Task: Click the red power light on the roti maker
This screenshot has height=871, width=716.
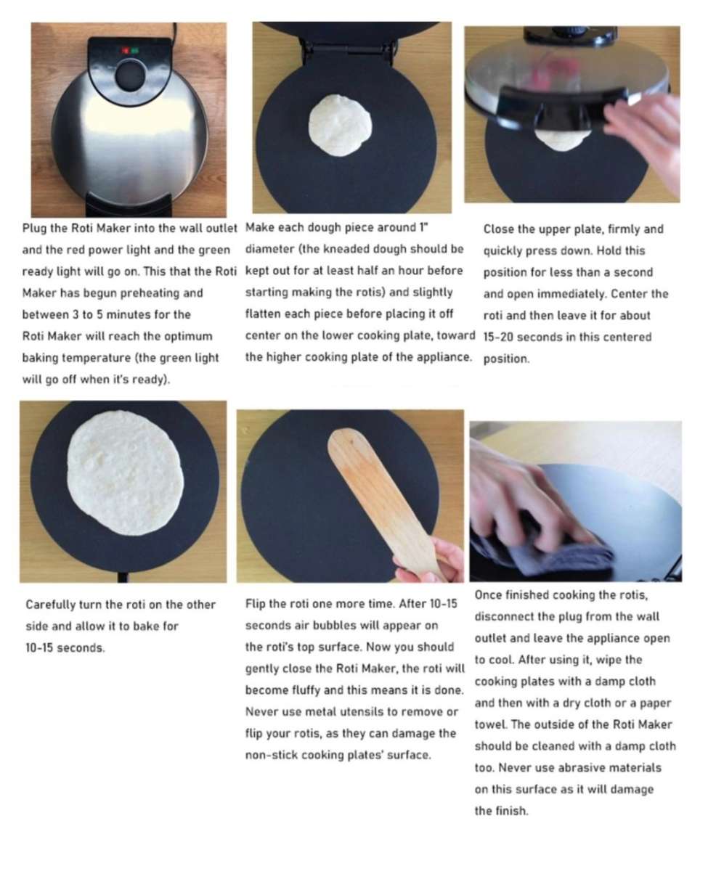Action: pyautogui.click(x=125, y=51)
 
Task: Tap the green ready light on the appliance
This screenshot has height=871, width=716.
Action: pyautogui.click(x=135, y=51)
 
